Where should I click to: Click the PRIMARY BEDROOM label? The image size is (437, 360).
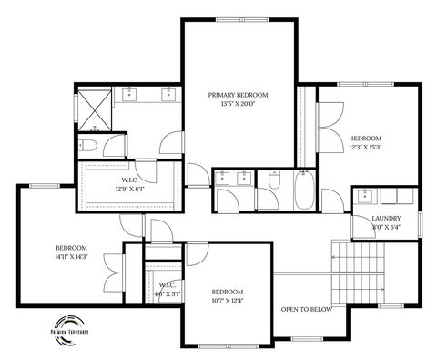(239, 94)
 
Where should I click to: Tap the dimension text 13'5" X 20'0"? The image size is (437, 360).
(239, 103)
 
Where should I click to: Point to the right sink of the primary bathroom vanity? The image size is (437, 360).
(168, 94)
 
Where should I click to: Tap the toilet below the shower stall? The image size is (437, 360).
(88, 146)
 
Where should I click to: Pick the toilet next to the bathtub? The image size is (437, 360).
(273, 183)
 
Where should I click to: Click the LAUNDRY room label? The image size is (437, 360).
(386, 219)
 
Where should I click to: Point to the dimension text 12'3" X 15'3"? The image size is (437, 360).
(365, 146)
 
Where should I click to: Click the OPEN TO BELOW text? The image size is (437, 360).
(306, 308)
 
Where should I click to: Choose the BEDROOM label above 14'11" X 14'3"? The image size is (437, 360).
(70, 248)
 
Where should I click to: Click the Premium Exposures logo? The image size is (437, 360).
(71, 327)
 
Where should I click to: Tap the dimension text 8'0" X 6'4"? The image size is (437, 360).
(386, 228)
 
